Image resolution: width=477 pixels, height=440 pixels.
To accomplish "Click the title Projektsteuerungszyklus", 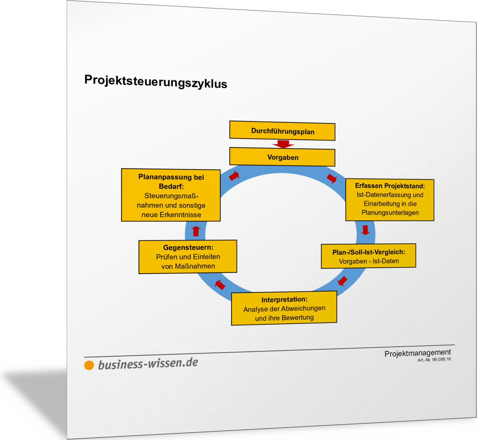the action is [x=156, y=82].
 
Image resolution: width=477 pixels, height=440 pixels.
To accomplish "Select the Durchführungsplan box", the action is [x=282, y=131].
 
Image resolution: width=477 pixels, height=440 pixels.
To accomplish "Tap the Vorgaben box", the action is [x=282, y=157].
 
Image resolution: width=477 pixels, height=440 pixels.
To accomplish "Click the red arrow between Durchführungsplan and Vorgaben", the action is [x=283, y=144].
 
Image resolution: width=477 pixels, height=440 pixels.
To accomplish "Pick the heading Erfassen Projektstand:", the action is [x=390, y=186].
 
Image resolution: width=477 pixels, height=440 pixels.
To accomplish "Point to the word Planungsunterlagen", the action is [x=390, y=213].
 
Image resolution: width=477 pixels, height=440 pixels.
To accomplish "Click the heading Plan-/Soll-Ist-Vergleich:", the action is [x=369, y=252].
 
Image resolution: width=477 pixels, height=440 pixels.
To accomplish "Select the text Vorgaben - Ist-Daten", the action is [x=369, y=261].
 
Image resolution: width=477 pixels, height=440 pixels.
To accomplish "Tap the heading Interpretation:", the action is [x=284, y=300].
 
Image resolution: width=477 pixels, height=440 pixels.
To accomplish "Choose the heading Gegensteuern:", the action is [x=188, y=247].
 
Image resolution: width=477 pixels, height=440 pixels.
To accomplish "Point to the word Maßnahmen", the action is [x=195, y=266].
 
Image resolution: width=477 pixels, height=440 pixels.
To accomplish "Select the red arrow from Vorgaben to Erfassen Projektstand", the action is [x=332, y=178].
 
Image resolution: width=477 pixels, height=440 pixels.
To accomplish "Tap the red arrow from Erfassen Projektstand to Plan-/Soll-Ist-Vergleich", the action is [x=366, y=230].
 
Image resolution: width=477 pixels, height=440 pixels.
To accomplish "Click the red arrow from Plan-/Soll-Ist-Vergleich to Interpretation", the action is [x=342, y=281].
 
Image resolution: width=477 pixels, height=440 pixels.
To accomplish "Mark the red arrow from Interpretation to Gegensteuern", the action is [x=220, y=285].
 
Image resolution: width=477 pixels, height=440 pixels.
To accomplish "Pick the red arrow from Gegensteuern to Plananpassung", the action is [x=196, y=231].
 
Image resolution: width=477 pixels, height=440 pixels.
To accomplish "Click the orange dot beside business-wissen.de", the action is [x=89, y=365].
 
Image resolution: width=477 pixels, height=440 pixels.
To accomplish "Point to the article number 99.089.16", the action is [x=442, y=360].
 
